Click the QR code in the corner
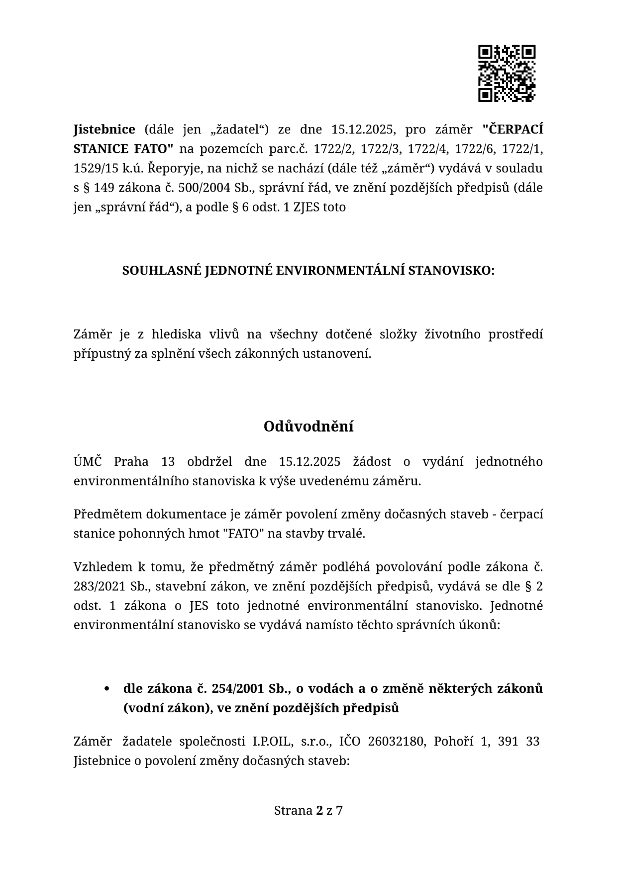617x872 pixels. (x=507, y=74)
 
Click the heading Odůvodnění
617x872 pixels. (x=308, y=427)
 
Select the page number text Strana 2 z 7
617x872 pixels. (x=308, y=811)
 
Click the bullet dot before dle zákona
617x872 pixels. (x=106, y=689)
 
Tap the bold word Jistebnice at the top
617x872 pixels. (x=104, y=129)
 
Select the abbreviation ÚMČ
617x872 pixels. (x=88, y=461)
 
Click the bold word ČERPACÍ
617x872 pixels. (x=513, y=129)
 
